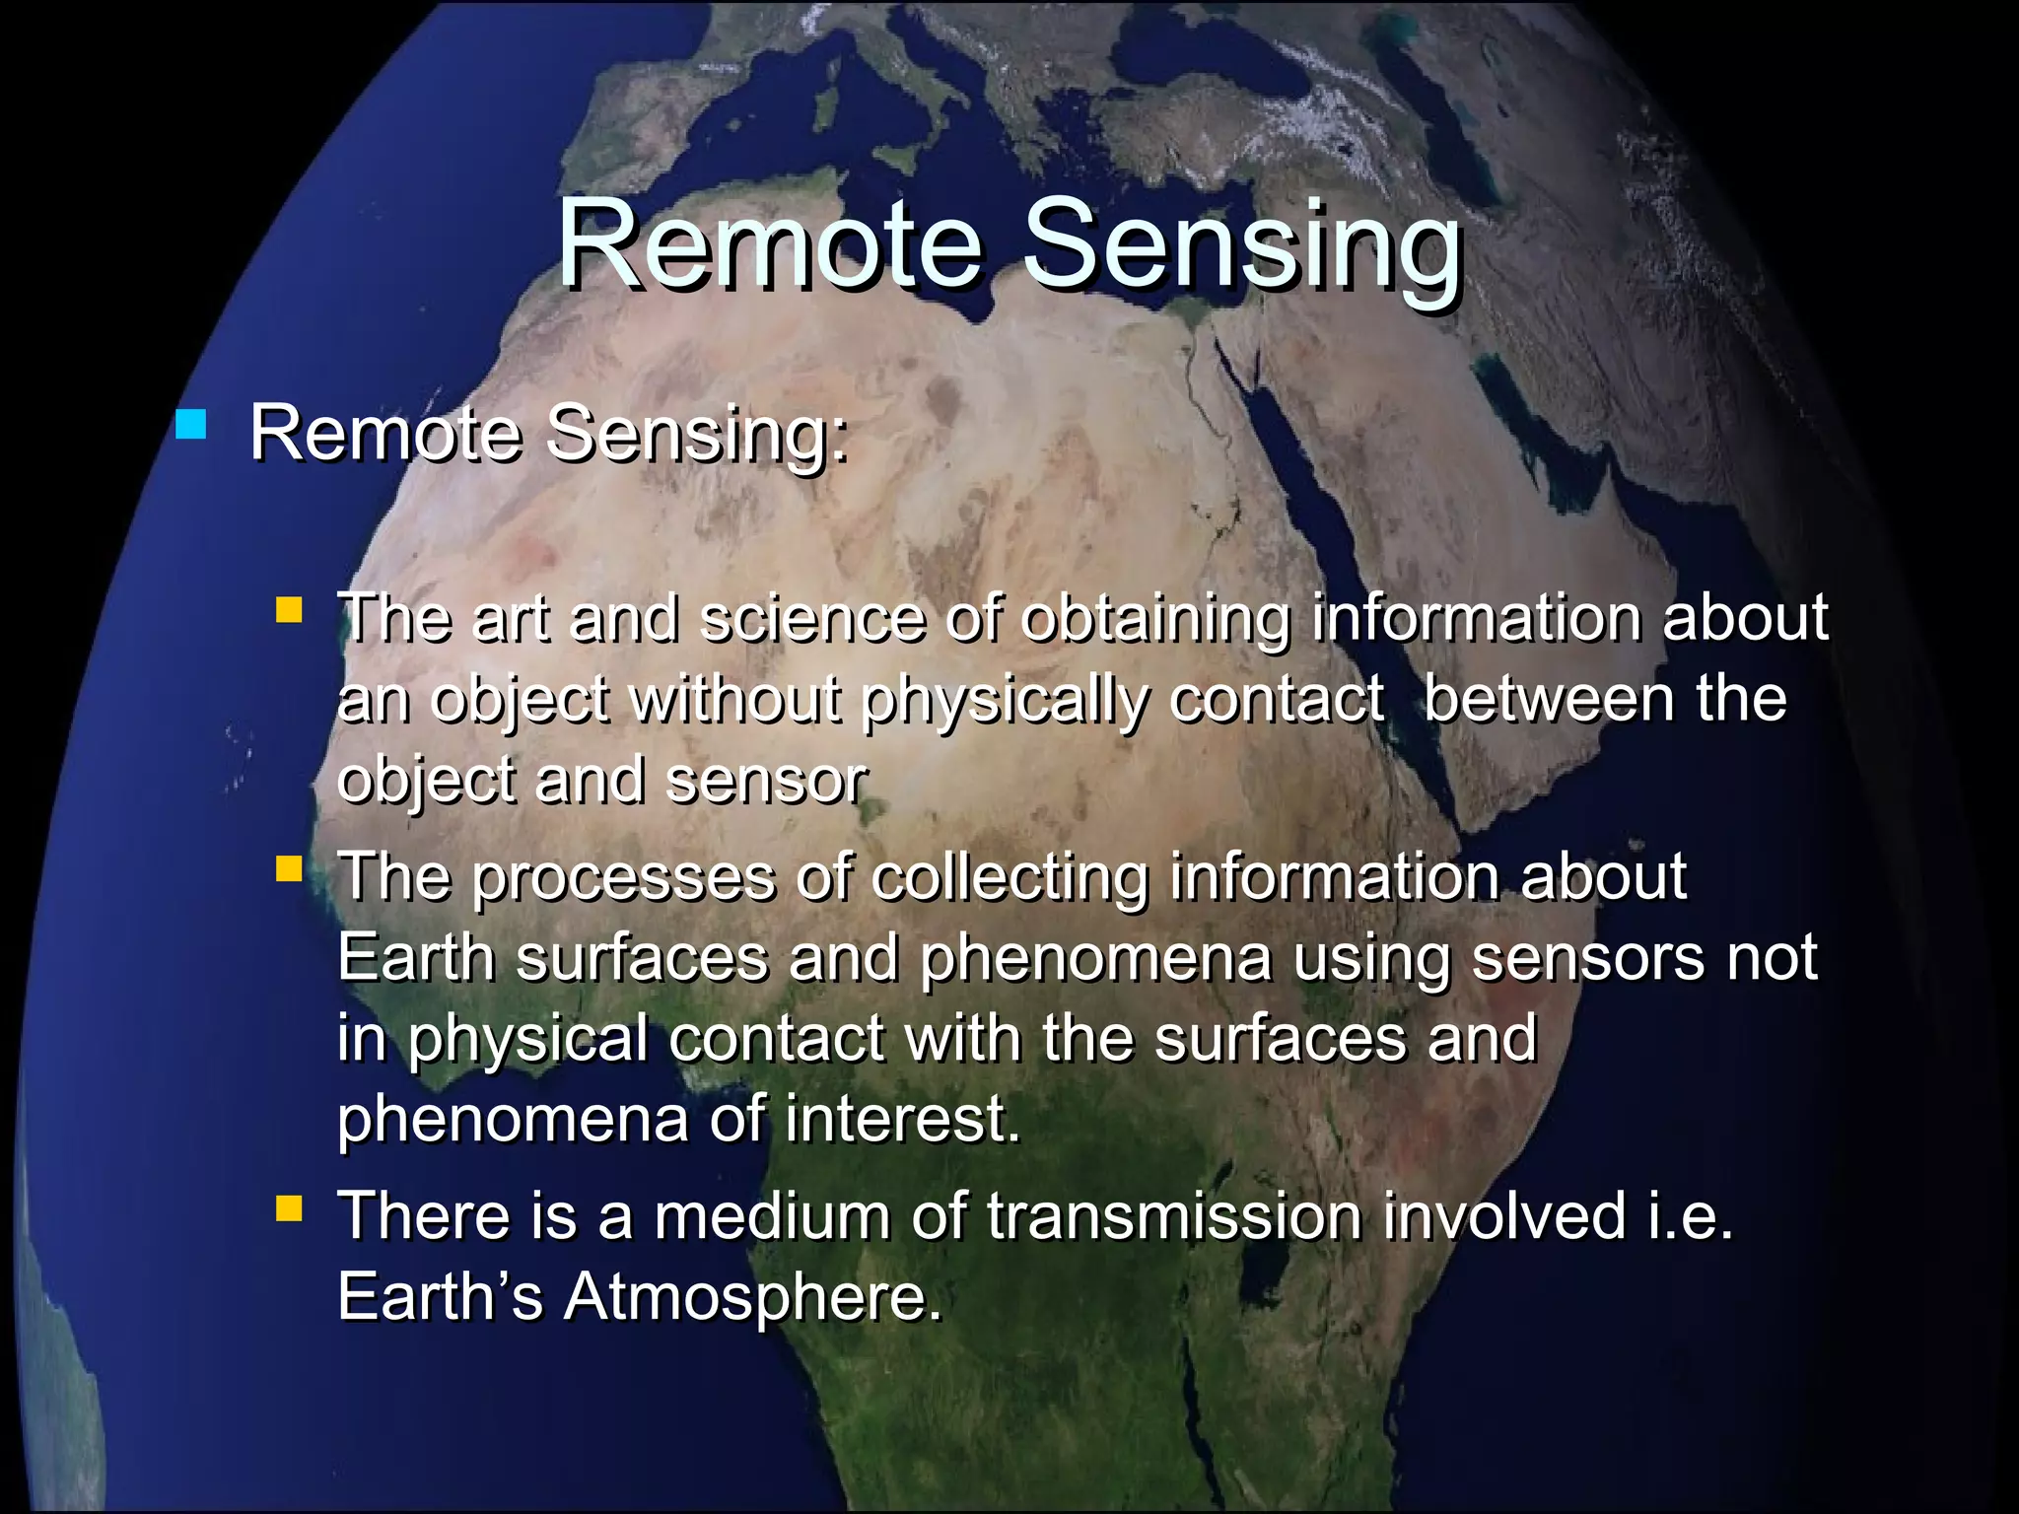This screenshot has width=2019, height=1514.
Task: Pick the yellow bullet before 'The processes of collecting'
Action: point(289,868)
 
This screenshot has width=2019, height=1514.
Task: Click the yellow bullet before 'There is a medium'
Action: point(289,1207)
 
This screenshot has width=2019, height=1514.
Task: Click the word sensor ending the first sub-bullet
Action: point(766,781)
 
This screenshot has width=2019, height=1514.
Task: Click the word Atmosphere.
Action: point(751,1297)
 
